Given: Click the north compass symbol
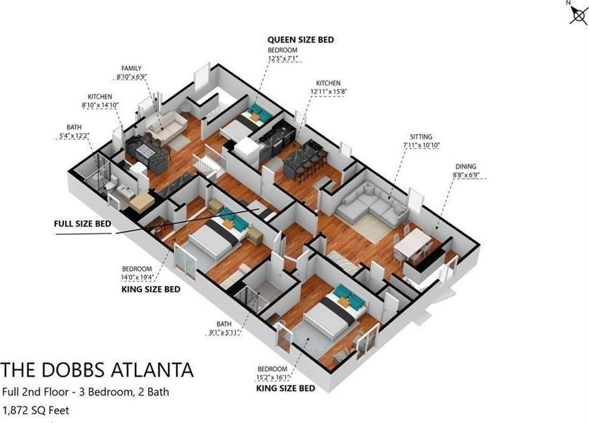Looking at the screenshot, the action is point(578,14).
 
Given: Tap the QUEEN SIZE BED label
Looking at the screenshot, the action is point(300,40).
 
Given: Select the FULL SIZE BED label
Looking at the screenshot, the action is point(82,224).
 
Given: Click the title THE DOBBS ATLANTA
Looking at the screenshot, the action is point(97,370).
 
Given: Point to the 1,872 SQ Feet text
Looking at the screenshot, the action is point(36,410).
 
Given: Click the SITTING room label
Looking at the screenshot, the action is point(421,137).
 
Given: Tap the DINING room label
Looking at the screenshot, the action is point(466,167).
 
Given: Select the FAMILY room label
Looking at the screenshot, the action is point(132,68).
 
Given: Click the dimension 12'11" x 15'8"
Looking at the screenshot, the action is point(328,91).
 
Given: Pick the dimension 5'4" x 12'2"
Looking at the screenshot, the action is point(74,135).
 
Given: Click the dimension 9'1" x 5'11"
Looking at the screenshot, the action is point(224,332).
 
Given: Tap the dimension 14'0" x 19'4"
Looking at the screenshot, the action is point(137,277).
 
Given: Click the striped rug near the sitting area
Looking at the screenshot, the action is point(343,263).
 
